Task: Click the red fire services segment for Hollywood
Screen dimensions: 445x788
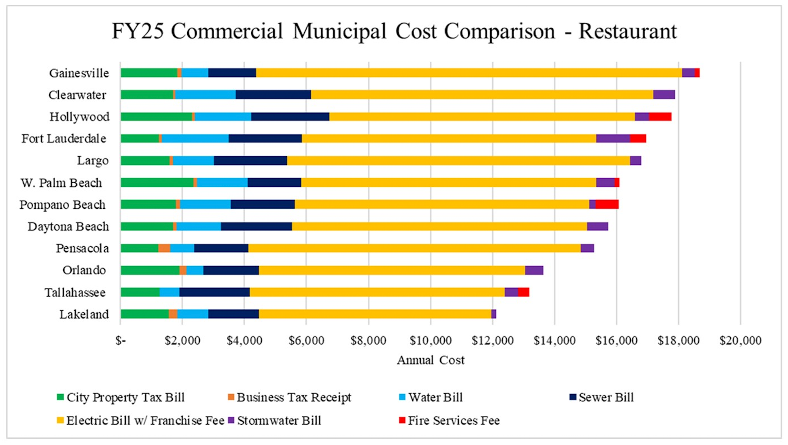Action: pyautogui.click(x=660, y=117)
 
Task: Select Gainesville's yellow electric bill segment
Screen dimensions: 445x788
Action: pyautogui.click(x=469, y=73)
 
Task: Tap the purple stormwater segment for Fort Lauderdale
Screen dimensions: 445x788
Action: pyautogui.click(x=613, y=139)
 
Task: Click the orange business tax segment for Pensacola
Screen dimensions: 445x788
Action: pyautogui.click(x=164, y=248)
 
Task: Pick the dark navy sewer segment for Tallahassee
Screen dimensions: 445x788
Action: pyautogui.click(x=214, y=292)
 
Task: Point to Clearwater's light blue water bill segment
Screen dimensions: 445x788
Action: pyautogui.click(x=205, y=95)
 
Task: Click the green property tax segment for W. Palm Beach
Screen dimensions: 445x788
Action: pyautogui.click(x=157, y=183)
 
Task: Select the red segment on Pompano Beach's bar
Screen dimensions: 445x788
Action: pyautogui.click(x=607, y=204)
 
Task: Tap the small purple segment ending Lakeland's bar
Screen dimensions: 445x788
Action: pyautogui.click(x=493, y=314)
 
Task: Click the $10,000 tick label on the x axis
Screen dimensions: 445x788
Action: pyautogui.click(x=430, y=341)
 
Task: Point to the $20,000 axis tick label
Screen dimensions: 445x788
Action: pyautogui.click(x=740, y=341)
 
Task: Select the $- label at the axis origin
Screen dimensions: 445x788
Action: pyautogui.click(x=120, y=341)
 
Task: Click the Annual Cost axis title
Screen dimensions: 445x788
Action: pyautogui.click(x=430, y=360)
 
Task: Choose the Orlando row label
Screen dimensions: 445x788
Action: pyautogui.click(x=84, y=270)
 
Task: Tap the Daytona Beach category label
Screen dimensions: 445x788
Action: pyautogui.click(x=68, y=227)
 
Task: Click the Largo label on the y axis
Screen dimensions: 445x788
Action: pyautogui.click(x=92, y=161)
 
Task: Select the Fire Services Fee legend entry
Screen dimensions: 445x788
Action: pyautogui.click(x=453, y=421)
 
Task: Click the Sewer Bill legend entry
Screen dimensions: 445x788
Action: pyautogui.click(x=606, y=397)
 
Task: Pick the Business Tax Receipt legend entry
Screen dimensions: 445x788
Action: pyautogui.click(x=293, y=397)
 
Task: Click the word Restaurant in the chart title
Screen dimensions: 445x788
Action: pyautogui.click(x=628, y=31)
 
